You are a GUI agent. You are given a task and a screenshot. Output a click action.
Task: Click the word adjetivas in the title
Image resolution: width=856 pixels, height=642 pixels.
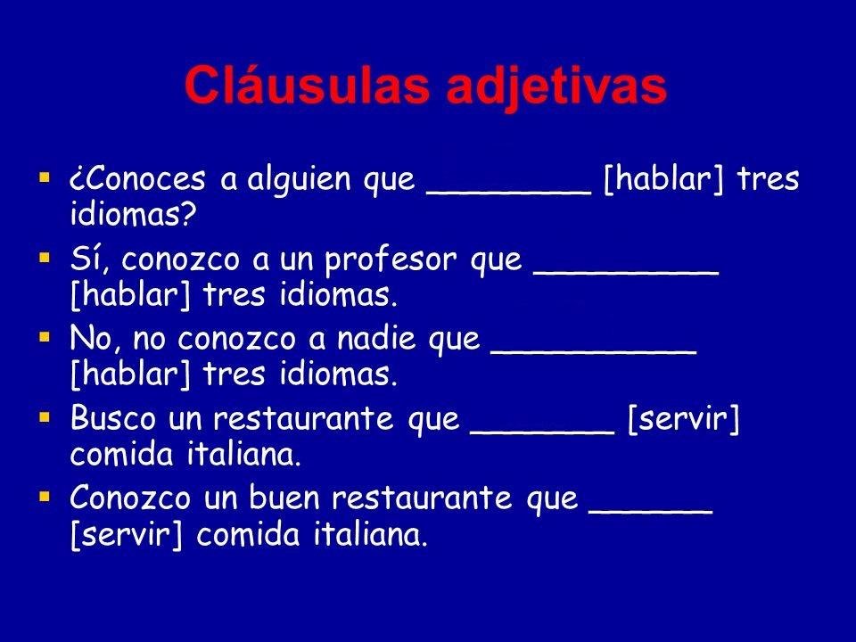545,87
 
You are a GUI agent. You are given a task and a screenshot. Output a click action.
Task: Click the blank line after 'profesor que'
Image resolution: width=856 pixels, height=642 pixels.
626,269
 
